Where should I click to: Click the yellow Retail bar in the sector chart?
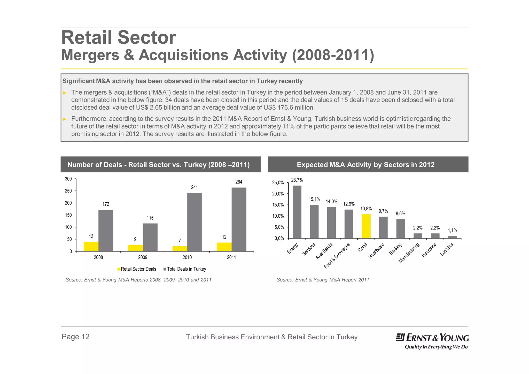click(366, 226)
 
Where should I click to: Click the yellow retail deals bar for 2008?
click(91, 246)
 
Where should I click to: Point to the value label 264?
click(239, 182)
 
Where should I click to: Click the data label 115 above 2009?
click(150, 218)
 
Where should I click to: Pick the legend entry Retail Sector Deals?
click(137, 269)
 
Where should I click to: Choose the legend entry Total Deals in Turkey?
click(185, 269)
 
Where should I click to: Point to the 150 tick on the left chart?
click(68, 215)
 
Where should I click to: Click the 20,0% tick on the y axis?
click(278, 194)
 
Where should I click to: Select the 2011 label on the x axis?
click(231, 257)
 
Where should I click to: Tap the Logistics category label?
click(447, 249)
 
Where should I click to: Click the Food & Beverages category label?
click(337, 256)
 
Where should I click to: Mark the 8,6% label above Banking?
click(400, 213)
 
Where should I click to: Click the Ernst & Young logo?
click(432, 341)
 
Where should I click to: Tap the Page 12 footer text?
click(75, 337)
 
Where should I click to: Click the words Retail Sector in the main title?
click(119, 38)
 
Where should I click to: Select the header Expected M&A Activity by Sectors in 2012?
click(365, 165)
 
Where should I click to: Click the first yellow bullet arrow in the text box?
click(65, 93)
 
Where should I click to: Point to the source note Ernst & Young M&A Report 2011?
click(323, 280)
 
